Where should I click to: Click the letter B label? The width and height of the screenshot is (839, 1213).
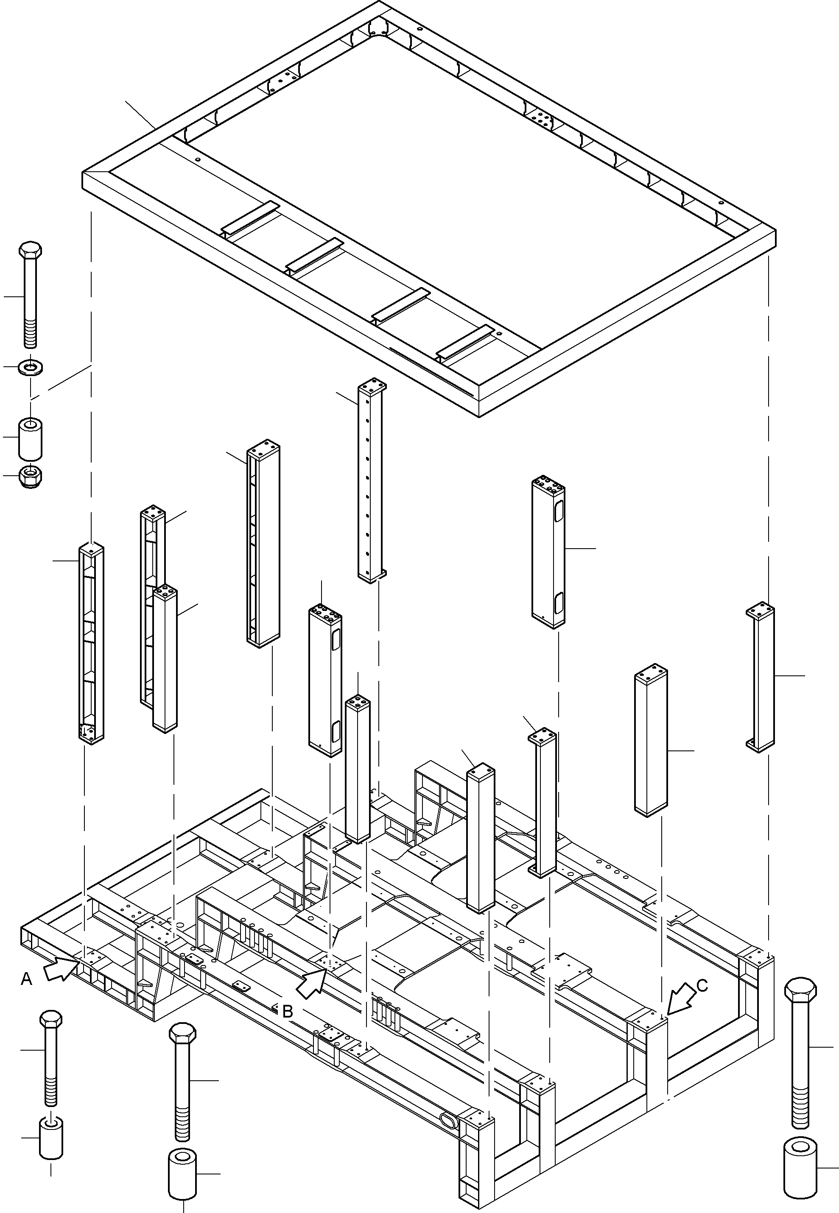click(x=288, y=1011)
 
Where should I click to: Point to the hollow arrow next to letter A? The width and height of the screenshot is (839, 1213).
click(x=61, y=969)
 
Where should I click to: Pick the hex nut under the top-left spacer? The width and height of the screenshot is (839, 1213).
click(x=31, y=476)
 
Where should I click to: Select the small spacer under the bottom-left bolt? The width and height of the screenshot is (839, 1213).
click(x=51, y=1138)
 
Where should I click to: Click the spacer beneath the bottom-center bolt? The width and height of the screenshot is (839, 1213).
click(x=182, y=1173)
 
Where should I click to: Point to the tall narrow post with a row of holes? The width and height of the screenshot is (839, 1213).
click(x=371, y=481)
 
